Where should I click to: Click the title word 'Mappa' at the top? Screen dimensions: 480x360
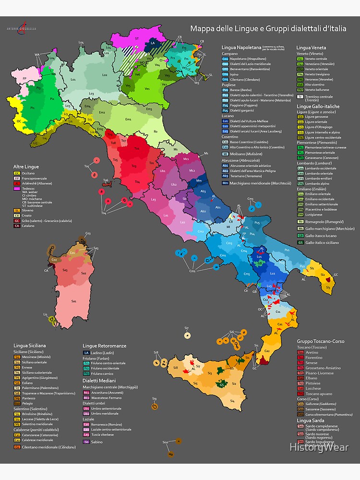tap(202, 29)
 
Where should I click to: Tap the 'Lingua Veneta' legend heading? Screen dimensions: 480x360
tap(311, 48)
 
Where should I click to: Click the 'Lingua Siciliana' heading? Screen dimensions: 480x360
tap(30, 345)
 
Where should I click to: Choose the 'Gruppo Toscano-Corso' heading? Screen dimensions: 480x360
tap(321, 341)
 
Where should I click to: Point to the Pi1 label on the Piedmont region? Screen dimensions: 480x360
tap(32, 108)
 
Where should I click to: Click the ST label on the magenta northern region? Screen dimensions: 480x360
tap(137, 37)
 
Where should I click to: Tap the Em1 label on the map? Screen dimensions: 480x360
tap(128, 119)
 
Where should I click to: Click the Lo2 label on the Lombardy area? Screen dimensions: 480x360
tap(105, 75)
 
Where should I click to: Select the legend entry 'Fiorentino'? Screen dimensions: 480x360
tap(314, 358)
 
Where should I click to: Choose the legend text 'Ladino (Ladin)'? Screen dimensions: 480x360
tap(101, 352)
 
